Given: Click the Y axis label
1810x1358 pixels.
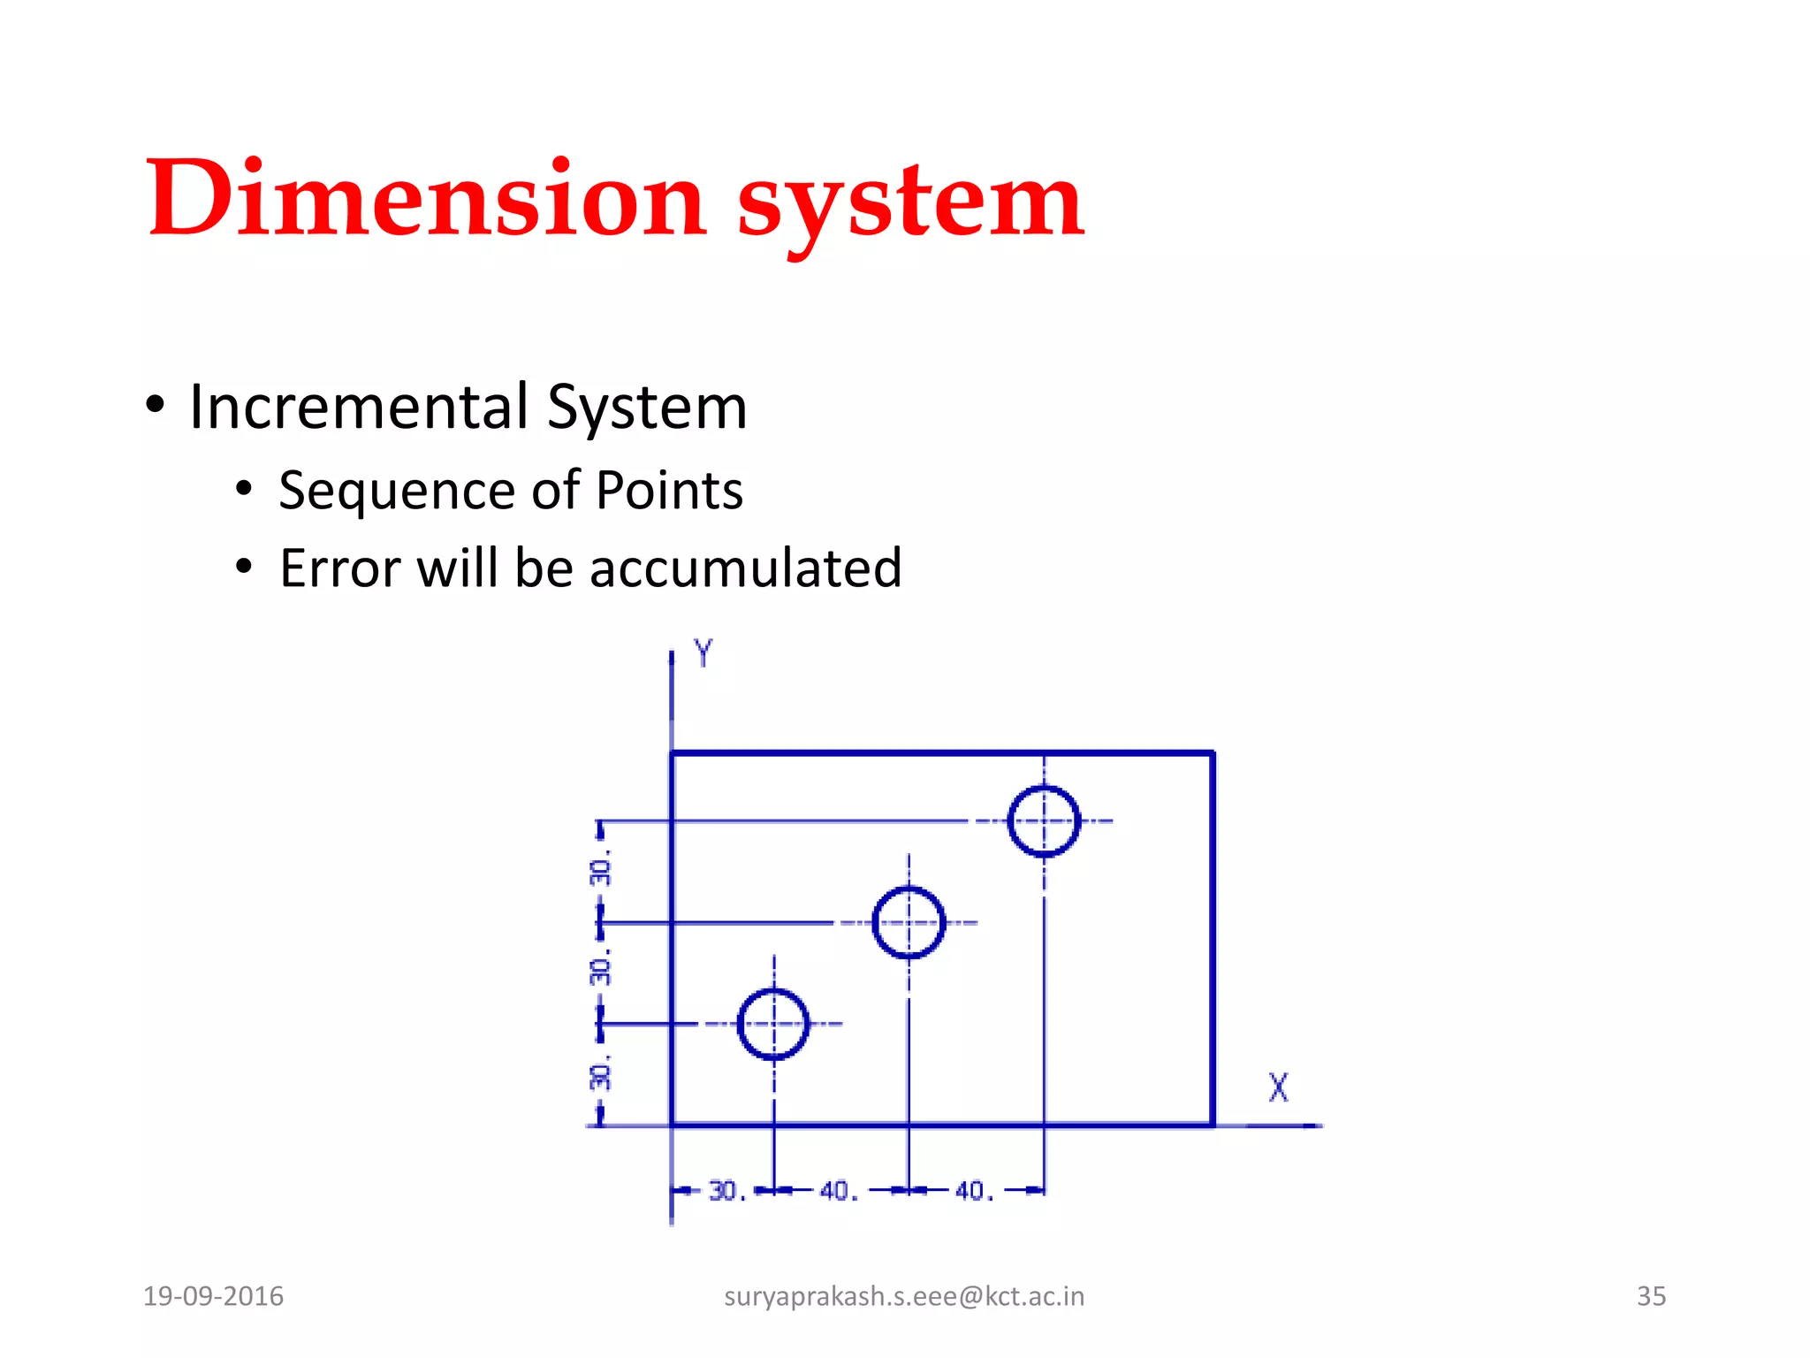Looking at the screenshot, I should coord(703,653).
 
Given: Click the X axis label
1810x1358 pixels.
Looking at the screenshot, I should coord(1278,1087).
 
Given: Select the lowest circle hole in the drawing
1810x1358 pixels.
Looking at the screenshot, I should coord(773,1024).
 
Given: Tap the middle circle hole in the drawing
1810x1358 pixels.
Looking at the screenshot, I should coord(909,922).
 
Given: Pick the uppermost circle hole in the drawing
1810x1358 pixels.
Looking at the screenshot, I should coord(1044,821).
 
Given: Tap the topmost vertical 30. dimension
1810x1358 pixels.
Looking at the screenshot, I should coord(601,871).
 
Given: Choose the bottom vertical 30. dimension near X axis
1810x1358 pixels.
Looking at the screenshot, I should coord(601,1075).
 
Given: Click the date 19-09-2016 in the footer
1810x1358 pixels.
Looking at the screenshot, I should coord(213,1296).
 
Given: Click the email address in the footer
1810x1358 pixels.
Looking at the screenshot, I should coord(903,1296).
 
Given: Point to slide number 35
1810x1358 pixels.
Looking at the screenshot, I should coord(1651,1296).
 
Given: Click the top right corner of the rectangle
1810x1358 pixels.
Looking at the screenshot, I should coord(1213,753).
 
